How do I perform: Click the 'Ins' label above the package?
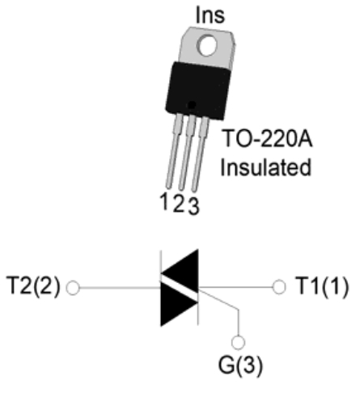[210, 15]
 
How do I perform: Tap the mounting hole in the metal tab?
[207, 45]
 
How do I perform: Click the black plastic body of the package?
[198, 91]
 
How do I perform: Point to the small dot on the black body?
[192, 105]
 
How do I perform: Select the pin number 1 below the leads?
[164, 201]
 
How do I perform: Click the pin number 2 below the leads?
[179, 204]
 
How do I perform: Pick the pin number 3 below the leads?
[193, 206]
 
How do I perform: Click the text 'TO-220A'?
[267, 138]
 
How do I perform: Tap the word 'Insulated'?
[266, 167]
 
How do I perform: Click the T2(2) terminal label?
[33, 286]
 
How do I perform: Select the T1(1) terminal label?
[322, 286]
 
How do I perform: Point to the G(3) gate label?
[240, 365]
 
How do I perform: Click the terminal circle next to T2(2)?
[73, 288]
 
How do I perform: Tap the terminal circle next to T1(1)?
[279, 287]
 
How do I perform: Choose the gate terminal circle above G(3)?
[238, 343]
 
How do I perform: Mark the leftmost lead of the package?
[173, 151]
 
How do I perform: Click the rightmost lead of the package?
[200, 154]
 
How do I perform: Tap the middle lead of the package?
[187, 153]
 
